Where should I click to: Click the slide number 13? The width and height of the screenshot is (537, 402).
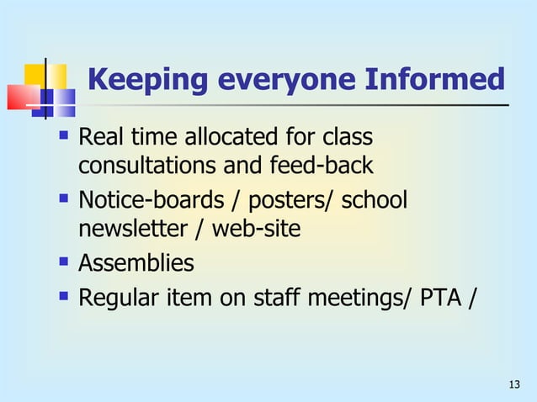pos(515,385)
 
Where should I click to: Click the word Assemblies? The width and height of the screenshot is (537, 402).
pos(136,263)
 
